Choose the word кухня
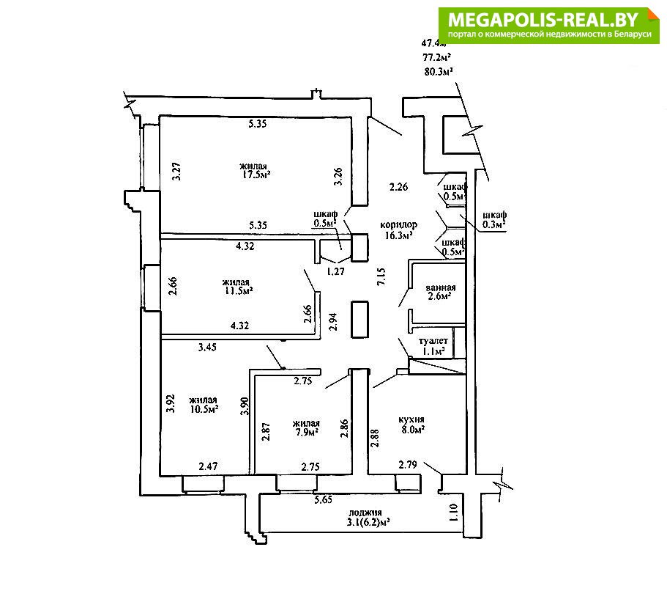(412, 419)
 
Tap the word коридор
(399, 224)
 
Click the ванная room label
(441, 287)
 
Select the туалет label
(432, 341)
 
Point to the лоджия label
(365, 513)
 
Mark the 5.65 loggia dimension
(323, 500)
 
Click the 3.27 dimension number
(175, 171)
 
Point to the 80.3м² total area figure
(437, 71)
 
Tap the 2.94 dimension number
(334, 322)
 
